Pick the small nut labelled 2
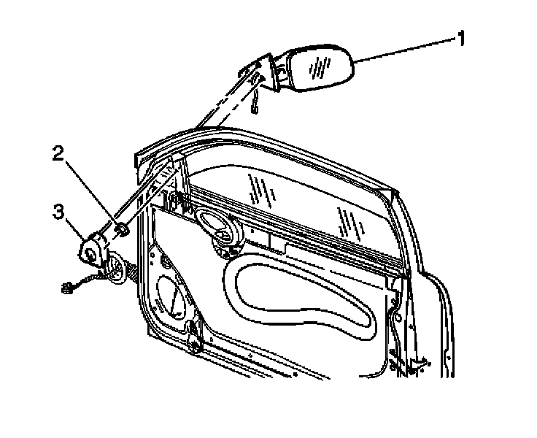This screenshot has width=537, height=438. (x=123, y=230)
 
